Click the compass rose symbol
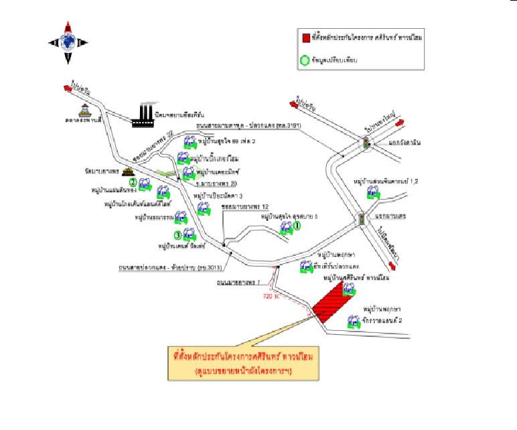pos(68,42)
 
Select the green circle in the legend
pos(306,60)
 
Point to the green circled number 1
pos(298,226)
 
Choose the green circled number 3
pos(177,234)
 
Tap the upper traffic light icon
pos(366,143)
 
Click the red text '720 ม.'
pos(271,295)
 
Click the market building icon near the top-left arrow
pos(85,111)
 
